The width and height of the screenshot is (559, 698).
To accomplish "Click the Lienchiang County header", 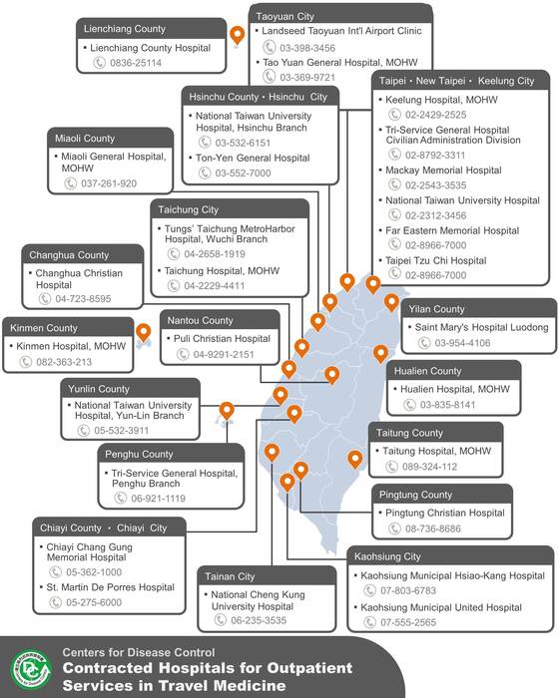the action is coord(125,29).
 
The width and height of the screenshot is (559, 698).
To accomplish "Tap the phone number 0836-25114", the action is coord(136,63).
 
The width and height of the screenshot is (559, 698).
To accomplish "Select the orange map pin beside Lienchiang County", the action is coord(238,35).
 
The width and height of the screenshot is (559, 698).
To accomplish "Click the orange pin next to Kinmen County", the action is coord(143,333).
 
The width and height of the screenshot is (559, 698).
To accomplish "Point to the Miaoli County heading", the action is coord(85,139).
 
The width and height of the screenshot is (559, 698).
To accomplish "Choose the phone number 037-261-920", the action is coord(109,183).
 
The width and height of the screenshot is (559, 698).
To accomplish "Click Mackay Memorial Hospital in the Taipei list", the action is coord(443,171).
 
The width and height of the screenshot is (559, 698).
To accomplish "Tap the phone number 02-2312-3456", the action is coord(435,215).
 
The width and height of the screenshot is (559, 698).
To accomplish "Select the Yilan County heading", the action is coord(436,309).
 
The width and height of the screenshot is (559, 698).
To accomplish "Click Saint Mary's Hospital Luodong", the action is coord(481,327).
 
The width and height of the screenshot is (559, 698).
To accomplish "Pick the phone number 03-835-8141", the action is coord(447,405).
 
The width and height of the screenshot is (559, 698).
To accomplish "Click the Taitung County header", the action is coord(409,433).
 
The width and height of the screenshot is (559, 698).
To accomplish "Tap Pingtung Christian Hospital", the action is coord(445,513).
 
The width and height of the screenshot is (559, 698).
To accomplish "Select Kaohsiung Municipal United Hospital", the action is coord(441,607).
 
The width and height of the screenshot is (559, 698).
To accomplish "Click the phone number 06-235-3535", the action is coord(259,620).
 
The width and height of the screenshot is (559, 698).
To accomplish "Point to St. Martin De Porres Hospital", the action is coord(110,587).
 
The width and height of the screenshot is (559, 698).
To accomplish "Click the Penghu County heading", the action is coord(139,455).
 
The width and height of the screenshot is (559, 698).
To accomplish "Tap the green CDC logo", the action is coord(31,669).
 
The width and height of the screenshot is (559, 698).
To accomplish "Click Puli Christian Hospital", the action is coord(222,339).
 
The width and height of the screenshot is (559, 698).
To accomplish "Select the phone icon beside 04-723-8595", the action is coord(45,299).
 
